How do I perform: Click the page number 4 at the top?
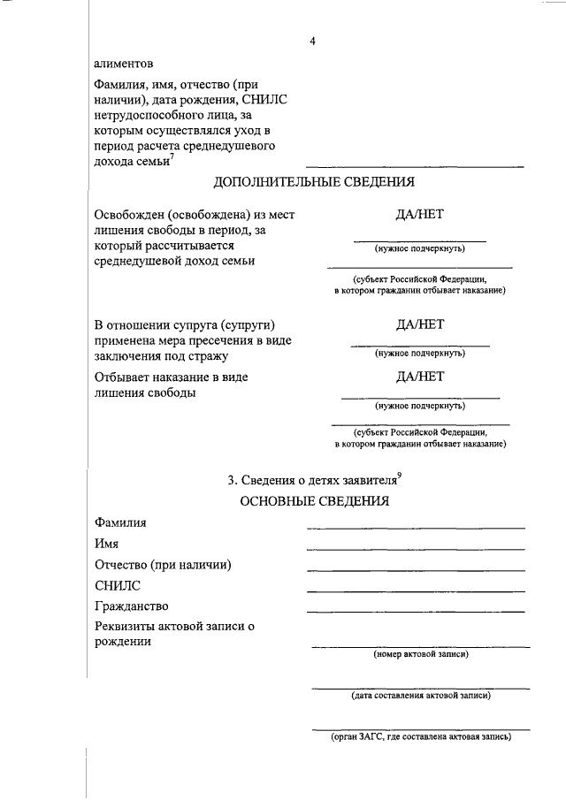click(312, 42)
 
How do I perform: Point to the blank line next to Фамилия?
click(416, 527)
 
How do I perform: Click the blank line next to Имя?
click(416, 548)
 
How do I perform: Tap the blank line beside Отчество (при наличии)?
click(416, 569)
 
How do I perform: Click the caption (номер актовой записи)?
click(421, 654)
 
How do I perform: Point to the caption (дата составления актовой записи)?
click(421, 695)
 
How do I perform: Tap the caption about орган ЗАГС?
click(421, 736)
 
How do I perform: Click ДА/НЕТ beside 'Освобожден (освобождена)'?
click(420, 215)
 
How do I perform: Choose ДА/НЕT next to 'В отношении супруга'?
click(420, 324)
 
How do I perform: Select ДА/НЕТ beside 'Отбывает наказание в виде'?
click(420, 377)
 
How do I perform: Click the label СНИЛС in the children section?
click(117, 585)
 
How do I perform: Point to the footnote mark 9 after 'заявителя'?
click(401, 476)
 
